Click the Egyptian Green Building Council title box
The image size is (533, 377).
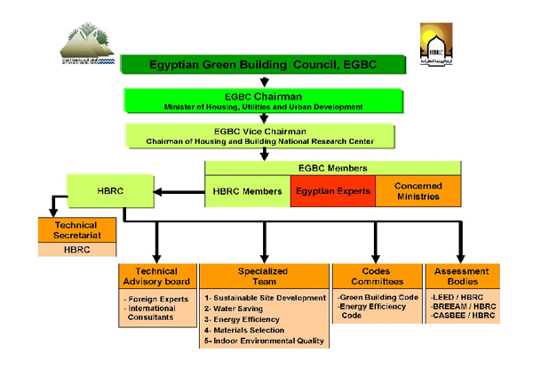click(x=263, y=65)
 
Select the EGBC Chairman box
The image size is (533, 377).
click(x=263, y=100)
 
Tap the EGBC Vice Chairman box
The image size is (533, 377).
click(x=263, y=135)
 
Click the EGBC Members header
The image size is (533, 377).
click(x=332, y=167)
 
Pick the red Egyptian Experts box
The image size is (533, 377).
click(x=332, y=191)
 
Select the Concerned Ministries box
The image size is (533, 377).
click(x=418, y=191)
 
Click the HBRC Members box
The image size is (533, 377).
click(x=248, y=191)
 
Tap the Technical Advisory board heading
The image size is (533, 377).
click(x=155, y=277)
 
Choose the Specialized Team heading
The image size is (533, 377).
click(x=264, y=277)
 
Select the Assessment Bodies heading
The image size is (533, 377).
click(x=462, y=277)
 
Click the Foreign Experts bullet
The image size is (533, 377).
click(x=157, y=299)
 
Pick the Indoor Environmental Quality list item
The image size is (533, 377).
click(x=264, y=341)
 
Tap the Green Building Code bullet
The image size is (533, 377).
click(x=378, y=297)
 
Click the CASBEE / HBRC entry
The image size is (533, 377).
click(x=462, y=317)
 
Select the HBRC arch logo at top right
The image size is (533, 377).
click(x=435, y=44)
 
